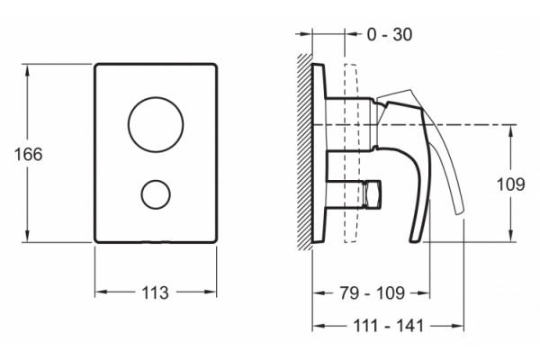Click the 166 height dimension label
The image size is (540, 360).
28,154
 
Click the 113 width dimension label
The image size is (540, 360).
155,292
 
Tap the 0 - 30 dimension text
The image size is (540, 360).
390,34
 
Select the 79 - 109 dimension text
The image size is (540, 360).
373,293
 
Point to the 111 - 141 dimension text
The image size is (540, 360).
388,326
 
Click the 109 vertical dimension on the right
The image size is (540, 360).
510,184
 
